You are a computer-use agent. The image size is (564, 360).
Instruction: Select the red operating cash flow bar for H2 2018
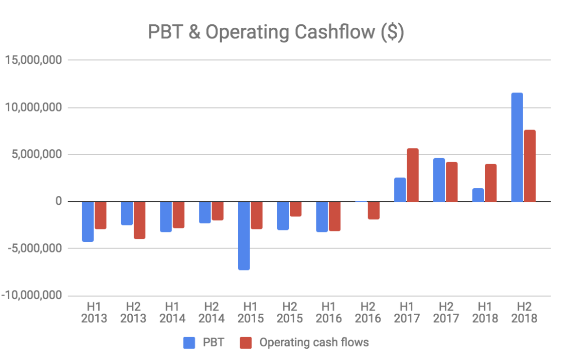coord(529,165)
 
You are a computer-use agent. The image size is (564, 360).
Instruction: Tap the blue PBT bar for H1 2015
coord(244,235)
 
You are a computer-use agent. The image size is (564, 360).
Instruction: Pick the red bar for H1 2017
coord(413,175)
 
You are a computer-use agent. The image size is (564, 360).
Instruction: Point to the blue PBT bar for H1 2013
coord(88,221)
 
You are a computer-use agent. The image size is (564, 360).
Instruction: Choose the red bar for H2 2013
coord(140,220)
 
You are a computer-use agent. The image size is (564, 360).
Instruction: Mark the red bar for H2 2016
coord(374,210)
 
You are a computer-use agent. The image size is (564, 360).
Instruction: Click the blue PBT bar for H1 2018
coord(478,195)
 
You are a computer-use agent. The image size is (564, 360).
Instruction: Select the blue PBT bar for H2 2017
coord(439,180)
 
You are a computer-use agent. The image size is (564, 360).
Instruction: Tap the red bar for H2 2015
coord(296,209)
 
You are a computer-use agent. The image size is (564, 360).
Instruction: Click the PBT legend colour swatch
coord(189,342)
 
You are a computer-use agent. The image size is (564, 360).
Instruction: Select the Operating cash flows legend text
coord(314,342)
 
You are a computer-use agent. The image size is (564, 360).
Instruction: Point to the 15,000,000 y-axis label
coord(34,60)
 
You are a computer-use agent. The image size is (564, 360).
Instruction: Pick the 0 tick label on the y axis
coord(58,201)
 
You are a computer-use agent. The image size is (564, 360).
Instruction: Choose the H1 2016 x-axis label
coord(328,312)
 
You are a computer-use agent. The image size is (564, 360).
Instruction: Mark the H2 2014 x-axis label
coord(211,312)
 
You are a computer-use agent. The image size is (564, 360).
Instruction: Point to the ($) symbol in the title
coord(393,33)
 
